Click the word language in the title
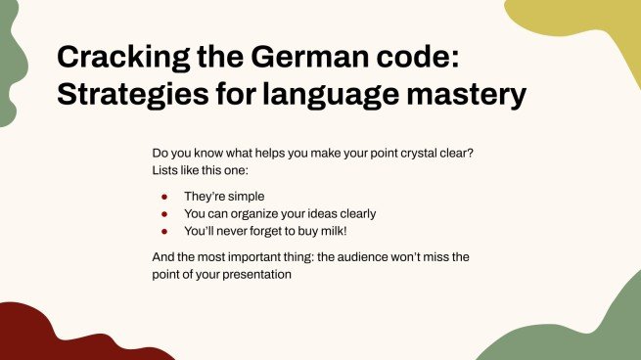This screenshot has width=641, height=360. [335, 95]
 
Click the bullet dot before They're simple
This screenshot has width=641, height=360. [165, 196]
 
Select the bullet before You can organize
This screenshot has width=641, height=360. [165, 213]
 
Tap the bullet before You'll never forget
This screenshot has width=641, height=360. [165, 231]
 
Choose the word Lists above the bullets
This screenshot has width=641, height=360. [166, 171]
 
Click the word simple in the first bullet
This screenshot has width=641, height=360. [245, 196]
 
